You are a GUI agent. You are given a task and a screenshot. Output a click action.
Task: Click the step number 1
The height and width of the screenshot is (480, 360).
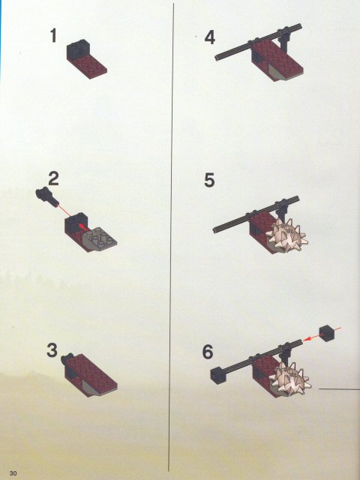point(53,35)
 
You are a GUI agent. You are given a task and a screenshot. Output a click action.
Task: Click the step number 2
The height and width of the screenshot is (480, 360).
point(53,178)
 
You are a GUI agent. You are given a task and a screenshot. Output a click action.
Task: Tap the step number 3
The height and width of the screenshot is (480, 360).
point(52,350)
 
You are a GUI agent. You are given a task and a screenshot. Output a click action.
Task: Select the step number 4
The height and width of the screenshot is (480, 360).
point(210,38)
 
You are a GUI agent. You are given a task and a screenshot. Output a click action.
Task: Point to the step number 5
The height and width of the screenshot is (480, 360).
point(209,180)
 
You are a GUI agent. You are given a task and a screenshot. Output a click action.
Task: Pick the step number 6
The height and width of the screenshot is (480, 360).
point(208,352)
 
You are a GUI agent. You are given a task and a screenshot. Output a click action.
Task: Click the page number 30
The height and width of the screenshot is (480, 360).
point(13,473)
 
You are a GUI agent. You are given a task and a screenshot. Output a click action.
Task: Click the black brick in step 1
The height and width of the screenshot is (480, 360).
point(77,49)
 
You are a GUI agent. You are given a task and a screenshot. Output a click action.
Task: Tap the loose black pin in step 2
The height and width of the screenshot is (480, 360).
point(47,196)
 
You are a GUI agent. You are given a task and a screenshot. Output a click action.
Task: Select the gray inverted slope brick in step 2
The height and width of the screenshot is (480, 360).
point(100,238)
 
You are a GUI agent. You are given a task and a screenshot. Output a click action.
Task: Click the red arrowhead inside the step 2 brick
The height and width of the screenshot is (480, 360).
point(82,226)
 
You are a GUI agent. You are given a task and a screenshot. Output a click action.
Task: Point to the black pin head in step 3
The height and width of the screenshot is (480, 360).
point(67,358)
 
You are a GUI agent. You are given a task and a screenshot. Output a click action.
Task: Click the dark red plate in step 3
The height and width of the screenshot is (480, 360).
point(91,374)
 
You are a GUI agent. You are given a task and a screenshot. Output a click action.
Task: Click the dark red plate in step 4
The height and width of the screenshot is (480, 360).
point(277,58)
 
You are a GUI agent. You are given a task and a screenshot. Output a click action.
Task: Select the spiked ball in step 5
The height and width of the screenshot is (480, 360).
point(286,235)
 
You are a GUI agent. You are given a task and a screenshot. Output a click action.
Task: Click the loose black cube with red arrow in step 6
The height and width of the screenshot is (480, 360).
point(327,333)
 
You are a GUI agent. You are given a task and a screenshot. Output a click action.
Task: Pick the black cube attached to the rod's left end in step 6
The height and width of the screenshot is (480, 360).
point(218,375)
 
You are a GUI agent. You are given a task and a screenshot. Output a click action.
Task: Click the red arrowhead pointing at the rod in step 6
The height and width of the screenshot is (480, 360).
point(307,338)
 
